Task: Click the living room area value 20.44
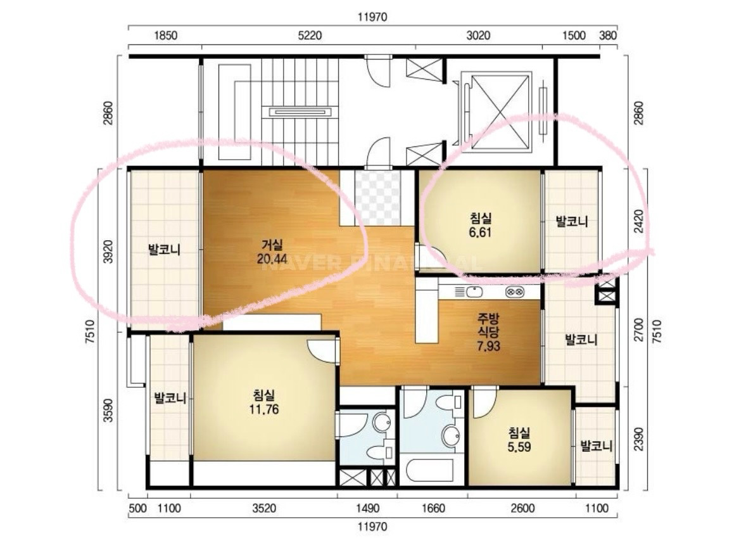[272, 259]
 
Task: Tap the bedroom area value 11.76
[264, 409]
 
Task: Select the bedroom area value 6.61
[480, 233]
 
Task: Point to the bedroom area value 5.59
[519, 447]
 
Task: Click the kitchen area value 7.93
[489, 346]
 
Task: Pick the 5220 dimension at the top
[310, 35]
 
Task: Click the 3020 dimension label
[478, 35]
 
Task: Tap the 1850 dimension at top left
[165, 35]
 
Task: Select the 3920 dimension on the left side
[108, 252]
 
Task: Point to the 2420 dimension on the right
[639, 221]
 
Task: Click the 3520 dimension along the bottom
[264, 508]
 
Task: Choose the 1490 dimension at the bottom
[368, 508]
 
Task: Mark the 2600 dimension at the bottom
[522, 508]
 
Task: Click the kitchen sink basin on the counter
[474, 292]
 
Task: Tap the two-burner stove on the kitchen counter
[515, 292]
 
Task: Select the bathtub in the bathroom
[431, 469]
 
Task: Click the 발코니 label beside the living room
[164, 250]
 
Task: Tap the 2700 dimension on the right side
[639, 330]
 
